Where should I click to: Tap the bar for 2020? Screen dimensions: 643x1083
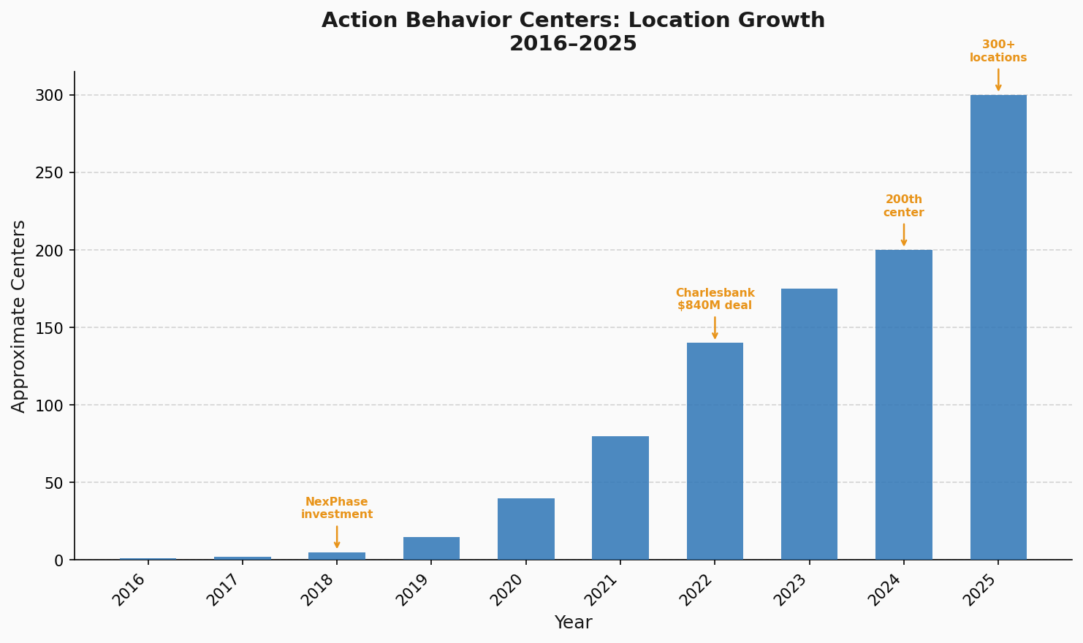525,529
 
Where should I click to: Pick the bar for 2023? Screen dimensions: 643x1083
809,424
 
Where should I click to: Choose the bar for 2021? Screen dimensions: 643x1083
620,498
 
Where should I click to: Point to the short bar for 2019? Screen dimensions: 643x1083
431,548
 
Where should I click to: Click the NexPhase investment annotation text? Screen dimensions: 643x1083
337,508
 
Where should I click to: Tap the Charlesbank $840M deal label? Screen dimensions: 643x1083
715,299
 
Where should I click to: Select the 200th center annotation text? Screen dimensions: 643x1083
903,206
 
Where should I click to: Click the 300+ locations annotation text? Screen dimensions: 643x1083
998,51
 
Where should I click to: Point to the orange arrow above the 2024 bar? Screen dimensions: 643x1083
904,235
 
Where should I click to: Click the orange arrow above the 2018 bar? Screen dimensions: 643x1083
337,536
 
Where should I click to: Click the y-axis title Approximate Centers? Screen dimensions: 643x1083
19,316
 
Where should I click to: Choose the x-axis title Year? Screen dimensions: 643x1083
573,623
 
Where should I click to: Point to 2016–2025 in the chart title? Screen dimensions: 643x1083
573,44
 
